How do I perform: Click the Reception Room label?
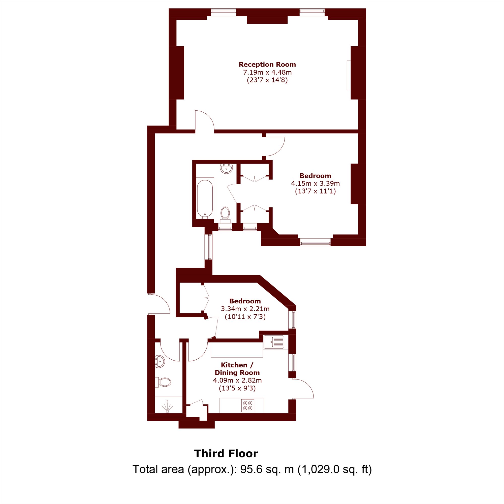(x=267, y=65)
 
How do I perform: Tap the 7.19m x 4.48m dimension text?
(x=267, y=72)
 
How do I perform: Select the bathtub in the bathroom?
(x=205, y=199)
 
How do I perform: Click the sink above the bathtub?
(x=226, y=168)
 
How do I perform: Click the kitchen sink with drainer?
(x=274, y=342)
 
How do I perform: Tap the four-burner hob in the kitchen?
(x=247, y=406)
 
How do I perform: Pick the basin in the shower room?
(x=160, y=362)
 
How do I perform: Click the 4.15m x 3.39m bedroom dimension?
(x=316, y=183)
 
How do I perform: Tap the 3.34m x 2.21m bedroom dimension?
(x=245, y=309)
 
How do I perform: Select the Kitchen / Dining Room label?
(x=237, y=369)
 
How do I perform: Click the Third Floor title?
(x=226, y=454)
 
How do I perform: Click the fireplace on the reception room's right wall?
(x=349, y=75)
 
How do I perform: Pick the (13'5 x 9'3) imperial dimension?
(x=237, y=388)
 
